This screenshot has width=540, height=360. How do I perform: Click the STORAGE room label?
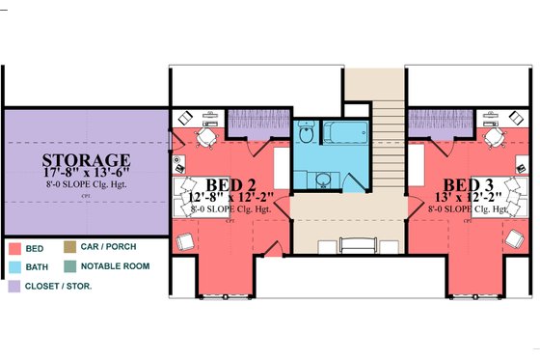86,159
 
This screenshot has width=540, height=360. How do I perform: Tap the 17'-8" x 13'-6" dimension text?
86,176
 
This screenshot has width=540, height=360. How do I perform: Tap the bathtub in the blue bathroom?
343,132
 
